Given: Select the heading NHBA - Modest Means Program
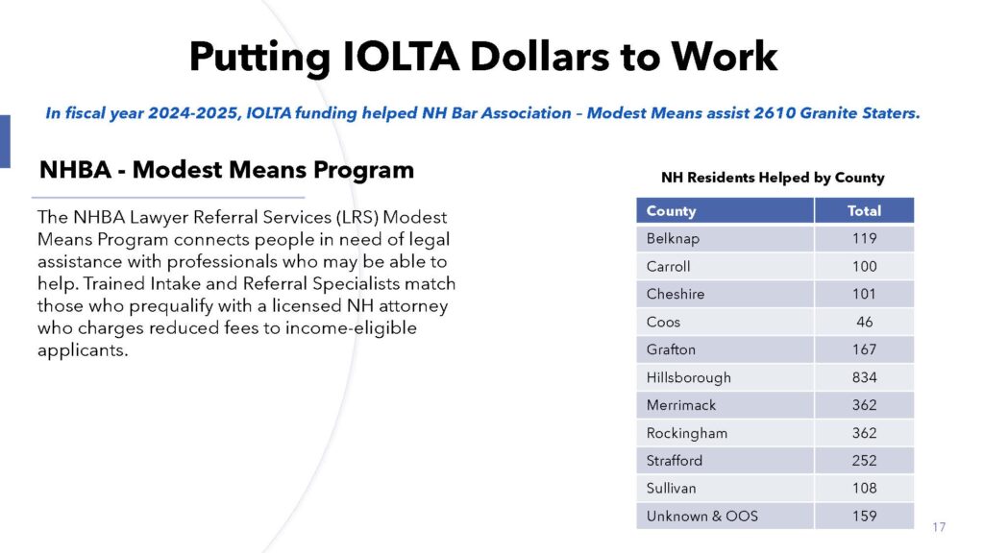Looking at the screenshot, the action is coord(226,170).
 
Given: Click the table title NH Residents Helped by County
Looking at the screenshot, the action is coord(773,178).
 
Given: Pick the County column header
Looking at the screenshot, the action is coord(671,210).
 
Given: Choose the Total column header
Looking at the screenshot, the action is coord(864,210).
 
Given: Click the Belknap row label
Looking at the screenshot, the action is coord(673,238).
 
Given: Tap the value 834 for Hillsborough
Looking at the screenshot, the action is coord(864,377).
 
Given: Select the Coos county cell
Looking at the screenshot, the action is coord(663,322).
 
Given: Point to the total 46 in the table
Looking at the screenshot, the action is coord(864,322).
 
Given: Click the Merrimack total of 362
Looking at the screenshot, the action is coord(864,405).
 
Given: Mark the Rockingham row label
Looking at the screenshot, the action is coord(686,433).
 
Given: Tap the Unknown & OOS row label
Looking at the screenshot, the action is coord(701,517).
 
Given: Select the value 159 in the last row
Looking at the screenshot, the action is coord(864,517).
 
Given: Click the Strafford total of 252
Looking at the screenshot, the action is coord(864,461).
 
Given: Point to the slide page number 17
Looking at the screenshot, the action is coord(939,527).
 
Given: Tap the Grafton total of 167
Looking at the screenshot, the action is coord(864,349).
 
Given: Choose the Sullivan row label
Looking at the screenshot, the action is coord(671,489).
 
